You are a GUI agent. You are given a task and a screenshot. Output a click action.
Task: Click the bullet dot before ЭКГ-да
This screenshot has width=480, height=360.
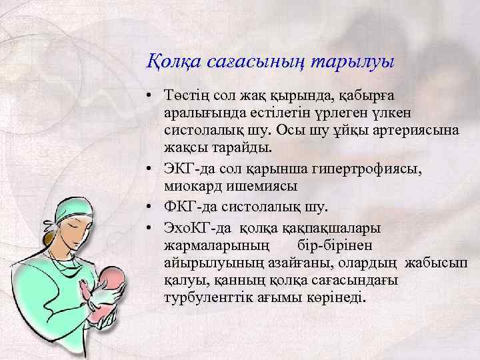point(153,169)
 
